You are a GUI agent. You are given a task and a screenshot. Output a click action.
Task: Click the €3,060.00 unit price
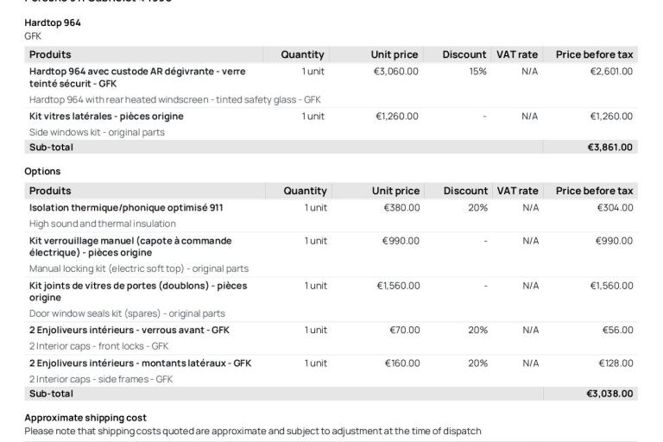tap(395, 71)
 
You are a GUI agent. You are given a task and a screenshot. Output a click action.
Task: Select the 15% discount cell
tap(477, 71)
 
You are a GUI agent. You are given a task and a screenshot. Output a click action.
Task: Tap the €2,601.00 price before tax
tap(609, 71)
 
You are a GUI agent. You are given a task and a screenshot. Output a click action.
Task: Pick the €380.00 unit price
tap(402, 207)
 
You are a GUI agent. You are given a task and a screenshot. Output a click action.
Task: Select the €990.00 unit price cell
tap(402, 241)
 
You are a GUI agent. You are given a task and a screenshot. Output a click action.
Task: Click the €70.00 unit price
tap(405, 330)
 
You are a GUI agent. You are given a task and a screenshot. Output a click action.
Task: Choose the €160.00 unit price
tap(402, 363)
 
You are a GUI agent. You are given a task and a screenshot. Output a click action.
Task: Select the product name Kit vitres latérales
tap(106, 117)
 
